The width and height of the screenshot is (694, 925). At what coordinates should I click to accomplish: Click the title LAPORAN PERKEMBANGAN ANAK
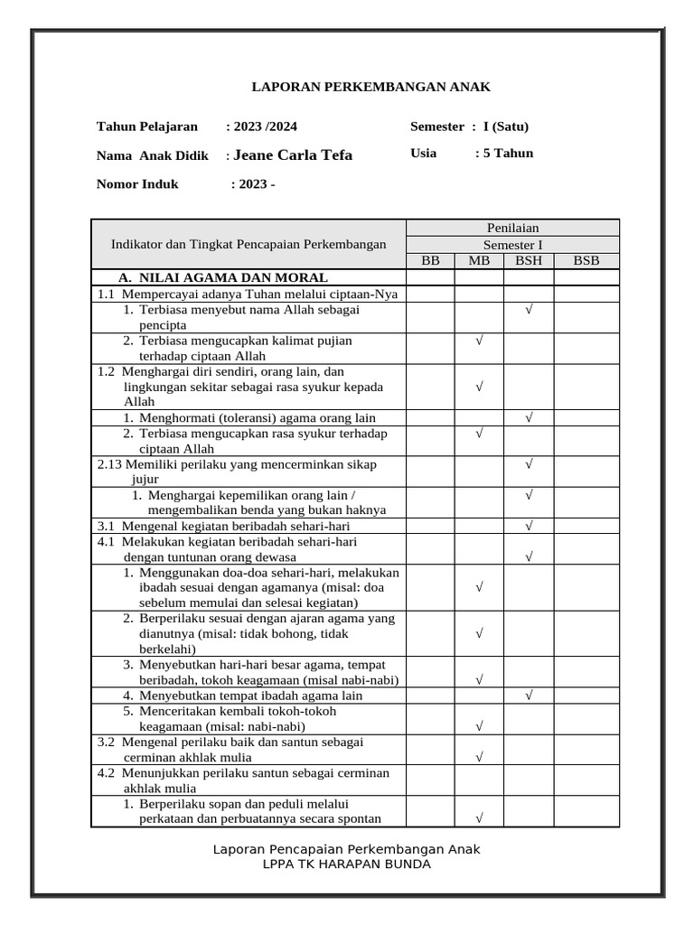(370, 87)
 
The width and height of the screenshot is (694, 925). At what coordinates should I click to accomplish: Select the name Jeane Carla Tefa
(293, 155)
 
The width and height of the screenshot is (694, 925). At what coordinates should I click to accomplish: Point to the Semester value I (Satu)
(506, 126)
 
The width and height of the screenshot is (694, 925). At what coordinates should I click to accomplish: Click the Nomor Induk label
(137, 184)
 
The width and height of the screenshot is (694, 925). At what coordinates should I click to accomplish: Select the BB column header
(430, 261)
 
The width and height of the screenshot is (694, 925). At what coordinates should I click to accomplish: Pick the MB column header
(478, 261)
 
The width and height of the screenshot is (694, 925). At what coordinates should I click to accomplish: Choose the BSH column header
(528, 261)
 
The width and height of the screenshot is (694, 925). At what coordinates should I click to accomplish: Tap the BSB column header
(586, 261)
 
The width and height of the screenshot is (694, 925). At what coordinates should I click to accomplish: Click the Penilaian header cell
(512, 228)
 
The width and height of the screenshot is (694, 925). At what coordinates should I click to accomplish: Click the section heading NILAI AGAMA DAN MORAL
(223, 277)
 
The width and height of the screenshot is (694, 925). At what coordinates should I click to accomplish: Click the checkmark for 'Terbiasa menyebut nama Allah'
(529, 310)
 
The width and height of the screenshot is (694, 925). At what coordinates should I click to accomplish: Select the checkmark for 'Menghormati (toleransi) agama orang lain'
(529, 417)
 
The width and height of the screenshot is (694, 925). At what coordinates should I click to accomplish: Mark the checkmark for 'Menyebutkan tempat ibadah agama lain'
(529, 695)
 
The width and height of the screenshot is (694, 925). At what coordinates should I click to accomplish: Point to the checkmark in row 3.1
(529, 525)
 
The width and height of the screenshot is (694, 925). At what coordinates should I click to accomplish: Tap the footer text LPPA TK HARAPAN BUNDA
(346, 864)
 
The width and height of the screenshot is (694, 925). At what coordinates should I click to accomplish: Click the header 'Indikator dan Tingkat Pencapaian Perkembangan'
(249, 244)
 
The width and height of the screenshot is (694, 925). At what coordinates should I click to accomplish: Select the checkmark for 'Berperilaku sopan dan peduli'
(479, 818)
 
